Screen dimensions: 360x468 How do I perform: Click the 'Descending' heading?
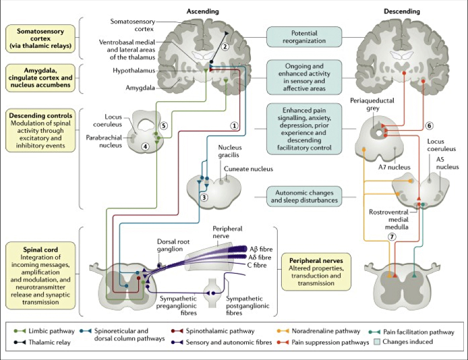pyautogui.click(x=401, y=11)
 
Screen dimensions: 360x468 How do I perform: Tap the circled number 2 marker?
pyautogui.click(x=227, y=47)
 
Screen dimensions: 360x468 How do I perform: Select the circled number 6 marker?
pyautogui.click(x=429, y=125)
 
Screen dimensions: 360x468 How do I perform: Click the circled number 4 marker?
pyautogui.click(x=144, y=146)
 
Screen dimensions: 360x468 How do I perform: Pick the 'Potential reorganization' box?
pyautogui.click(x=304, y=38)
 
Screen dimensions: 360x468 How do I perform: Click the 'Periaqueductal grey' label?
pyautogui.click(x=369, y=104)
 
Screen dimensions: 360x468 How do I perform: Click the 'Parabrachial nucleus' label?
pyautogui.click(x=103, y=141)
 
